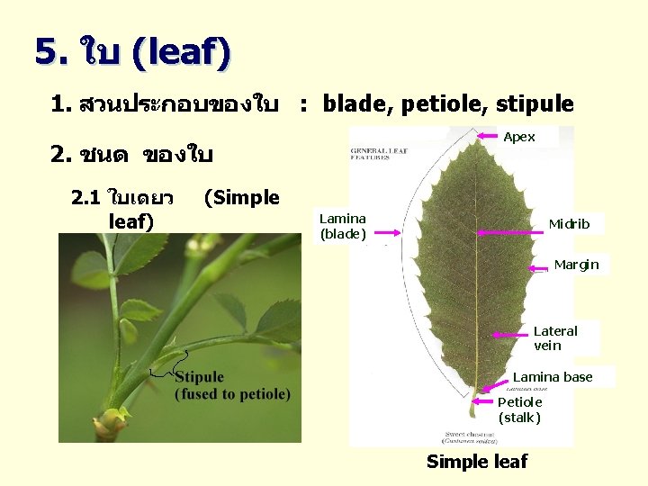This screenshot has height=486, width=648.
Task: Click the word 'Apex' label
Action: click(519, 137)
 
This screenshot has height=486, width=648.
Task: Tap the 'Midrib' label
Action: click(569, 223)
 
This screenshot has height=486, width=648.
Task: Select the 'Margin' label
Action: click(576, 265)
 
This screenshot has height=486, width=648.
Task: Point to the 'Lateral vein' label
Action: click(555, 337)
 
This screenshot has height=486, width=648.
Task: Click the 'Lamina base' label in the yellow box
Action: click(553, 377)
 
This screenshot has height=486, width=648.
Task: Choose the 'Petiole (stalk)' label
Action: click(520, 409)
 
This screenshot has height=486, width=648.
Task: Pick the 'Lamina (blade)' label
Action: click(343, 226)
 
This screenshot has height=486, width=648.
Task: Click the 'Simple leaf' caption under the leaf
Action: click(477, 462)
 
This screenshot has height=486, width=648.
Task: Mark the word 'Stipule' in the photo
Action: click(199, 377)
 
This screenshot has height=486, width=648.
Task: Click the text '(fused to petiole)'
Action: click(232, 394)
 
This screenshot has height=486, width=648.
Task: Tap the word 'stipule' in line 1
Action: click(541, 104)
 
